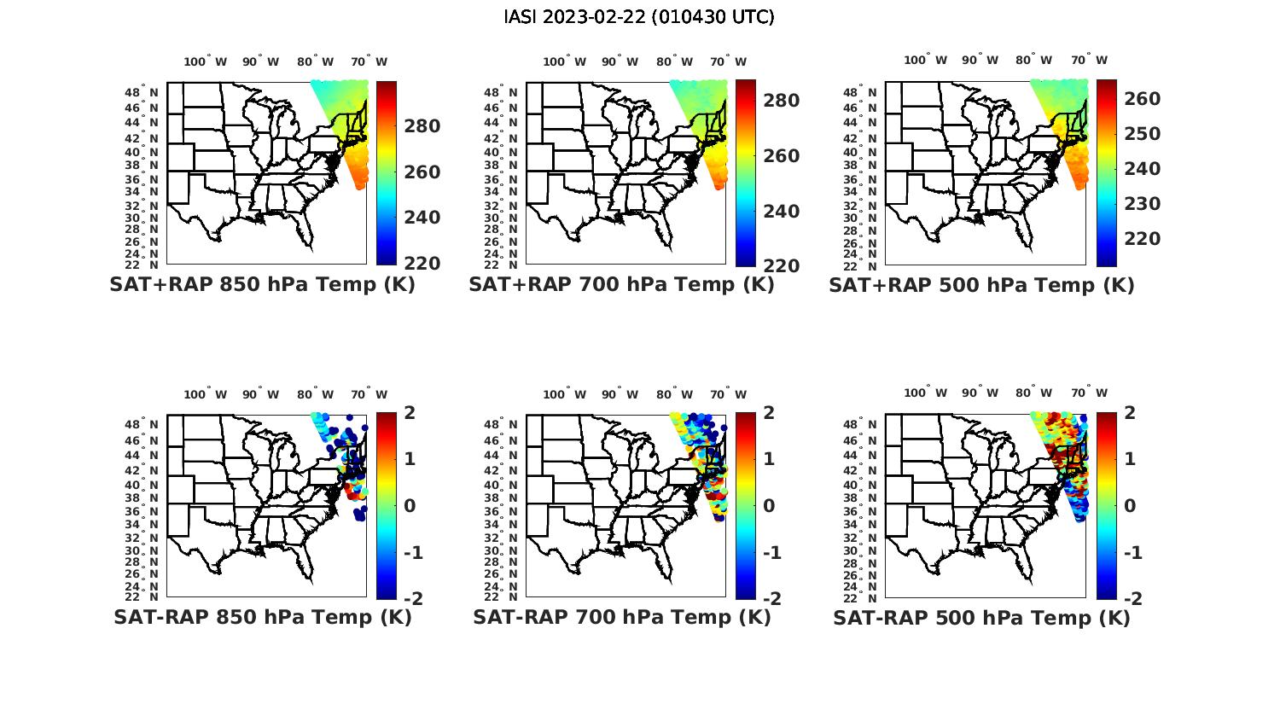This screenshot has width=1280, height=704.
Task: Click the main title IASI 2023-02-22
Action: (x=639, y=17)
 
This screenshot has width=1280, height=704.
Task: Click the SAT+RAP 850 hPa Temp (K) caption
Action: (x=262, y=285)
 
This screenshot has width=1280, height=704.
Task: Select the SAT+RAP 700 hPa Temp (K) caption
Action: (x=621, y=285)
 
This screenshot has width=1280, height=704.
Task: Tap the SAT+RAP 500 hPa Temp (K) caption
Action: (x=981, y=285)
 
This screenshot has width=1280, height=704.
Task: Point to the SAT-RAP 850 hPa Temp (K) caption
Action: (x=262, y=617)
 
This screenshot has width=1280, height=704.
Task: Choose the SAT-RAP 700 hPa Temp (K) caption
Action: (x=621, y=617)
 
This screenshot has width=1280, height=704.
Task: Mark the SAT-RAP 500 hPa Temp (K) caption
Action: (x=981, y=618)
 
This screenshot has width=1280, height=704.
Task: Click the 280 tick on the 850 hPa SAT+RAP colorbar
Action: (x=422, y=126)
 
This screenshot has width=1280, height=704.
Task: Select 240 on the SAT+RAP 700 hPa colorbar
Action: (x=782, y=211)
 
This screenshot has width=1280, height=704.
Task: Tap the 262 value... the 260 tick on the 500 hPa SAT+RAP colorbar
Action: (x=1143, y=99)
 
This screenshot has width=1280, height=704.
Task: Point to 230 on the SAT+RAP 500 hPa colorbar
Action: (x=1143, y=203)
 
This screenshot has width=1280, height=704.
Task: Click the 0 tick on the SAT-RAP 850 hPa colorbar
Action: (x=409, y=505)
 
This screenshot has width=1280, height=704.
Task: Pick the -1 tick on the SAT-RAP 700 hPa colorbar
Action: (x=771, y=552)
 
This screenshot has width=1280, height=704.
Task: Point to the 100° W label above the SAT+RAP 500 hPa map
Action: (x=926, y=60)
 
